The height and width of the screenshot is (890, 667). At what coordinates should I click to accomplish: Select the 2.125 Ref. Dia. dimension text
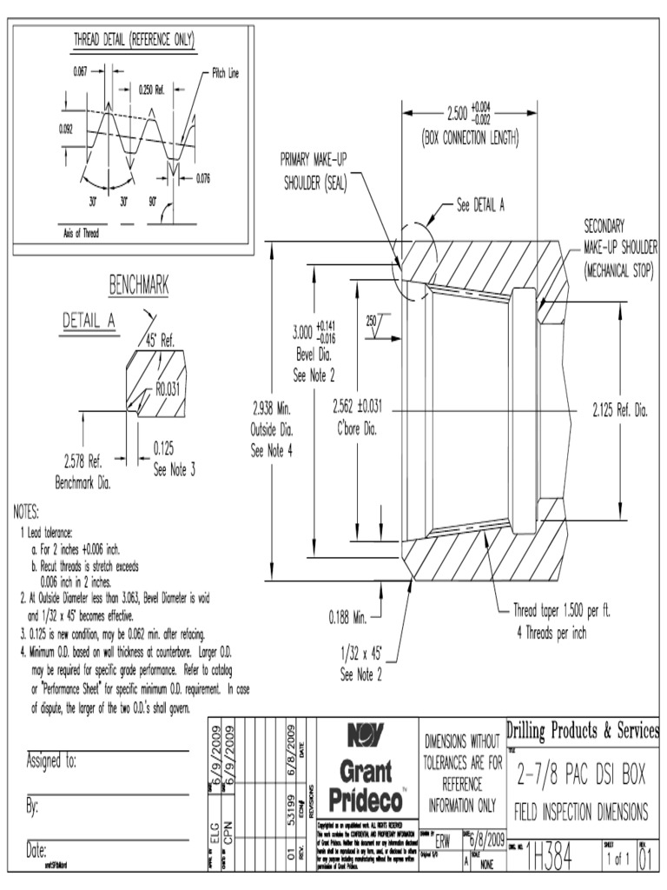coord(620,408)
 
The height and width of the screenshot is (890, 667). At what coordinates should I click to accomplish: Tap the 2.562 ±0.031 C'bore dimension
coord(358,408)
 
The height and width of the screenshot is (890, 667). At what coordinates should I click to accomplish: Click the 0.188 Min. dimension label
coord(350,618)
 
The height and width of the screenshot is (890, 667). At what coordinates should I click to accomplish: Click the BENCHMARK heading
coord(137,285)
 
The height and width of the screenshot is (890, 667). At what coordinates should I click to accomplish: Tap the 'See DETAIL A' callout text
coord(481,206)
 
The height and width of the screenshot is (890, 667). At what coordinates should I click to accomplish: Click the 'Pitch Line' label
coord(225,74)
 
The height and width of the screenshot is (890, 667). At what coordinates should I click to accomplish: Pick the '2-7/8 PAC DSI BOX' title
coord(581,772)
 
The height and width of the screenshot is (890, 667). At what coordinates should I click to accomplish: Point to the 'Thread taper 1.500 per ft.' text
coord(562,612)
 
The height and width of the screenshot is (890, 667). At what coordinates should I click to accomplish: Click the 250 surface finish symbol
coord(373,321)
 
